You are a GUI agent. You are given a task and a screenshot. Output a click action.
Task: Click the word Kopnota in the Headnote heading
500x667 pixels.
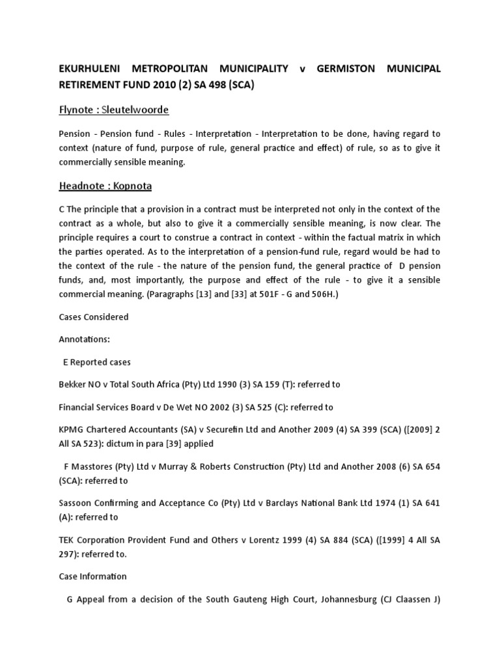(130, 186)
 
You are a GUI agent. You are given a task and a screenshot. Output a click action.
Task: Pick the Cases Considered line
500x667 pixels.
(94, 317)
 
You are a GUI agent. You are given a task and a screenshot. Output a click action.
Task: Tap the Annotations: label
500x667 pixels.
(85, 339)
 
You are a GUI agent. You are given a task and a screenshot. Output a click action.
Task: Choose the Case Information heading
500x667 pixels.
(93, 576)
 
